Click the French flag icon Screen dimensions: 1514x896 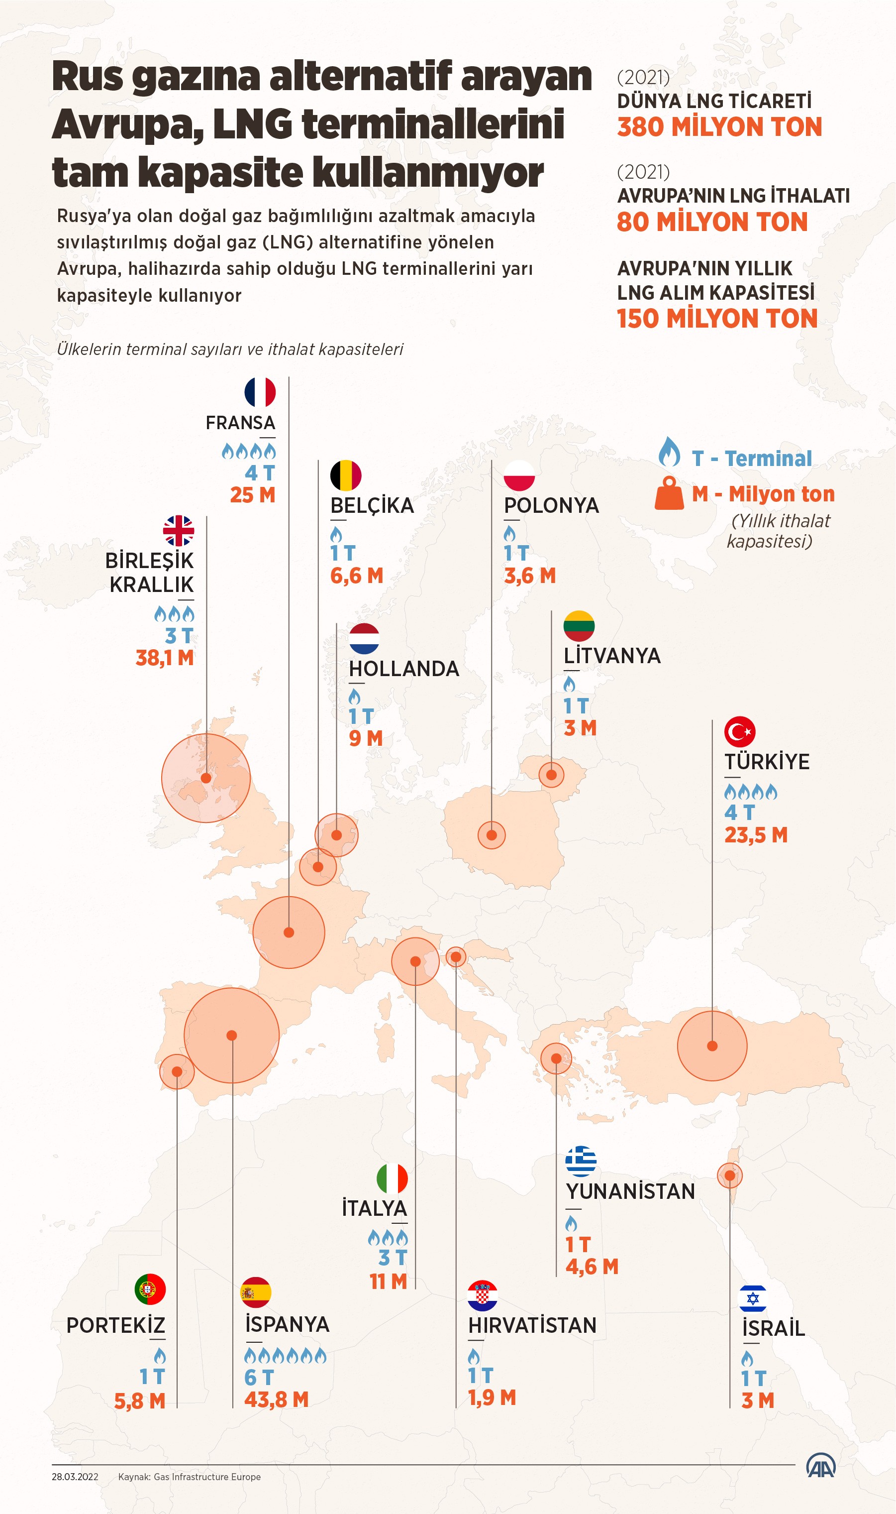click(260, 392)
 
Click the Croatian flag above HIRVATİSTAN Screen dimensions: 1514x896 click(483, 1295)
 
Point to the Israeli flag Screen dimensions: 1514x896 click(753, 1298)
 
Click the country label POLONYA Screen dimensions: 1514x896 click(551, 505)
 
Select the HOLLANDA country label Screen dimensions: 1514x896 click(404, 669)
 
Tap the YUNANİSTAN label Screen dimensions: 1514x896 click(630, 1191)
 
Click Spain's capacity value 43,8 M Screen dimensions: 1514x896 click(277, 1399)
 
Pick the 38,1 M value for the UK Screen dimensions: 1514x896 click(165, 658)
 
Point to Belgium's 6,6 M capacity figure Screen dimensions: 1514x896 click(357, 576)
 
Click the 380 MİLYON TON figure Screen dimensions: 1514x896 click(719, 127)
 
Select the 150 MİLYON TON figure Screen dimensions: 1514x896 click(717, 319)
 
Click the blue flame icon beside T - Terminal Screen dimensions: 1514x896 click(669, 452)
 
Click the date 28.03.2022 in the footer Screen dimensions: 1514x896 click(75, 1477)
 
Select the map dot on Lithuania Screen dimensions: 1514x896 click(551, 775)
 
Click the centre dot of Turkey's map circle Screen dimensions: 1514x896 click(712, 1046)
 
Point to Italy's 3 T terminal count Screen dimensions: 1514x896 click(393, 1258)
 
